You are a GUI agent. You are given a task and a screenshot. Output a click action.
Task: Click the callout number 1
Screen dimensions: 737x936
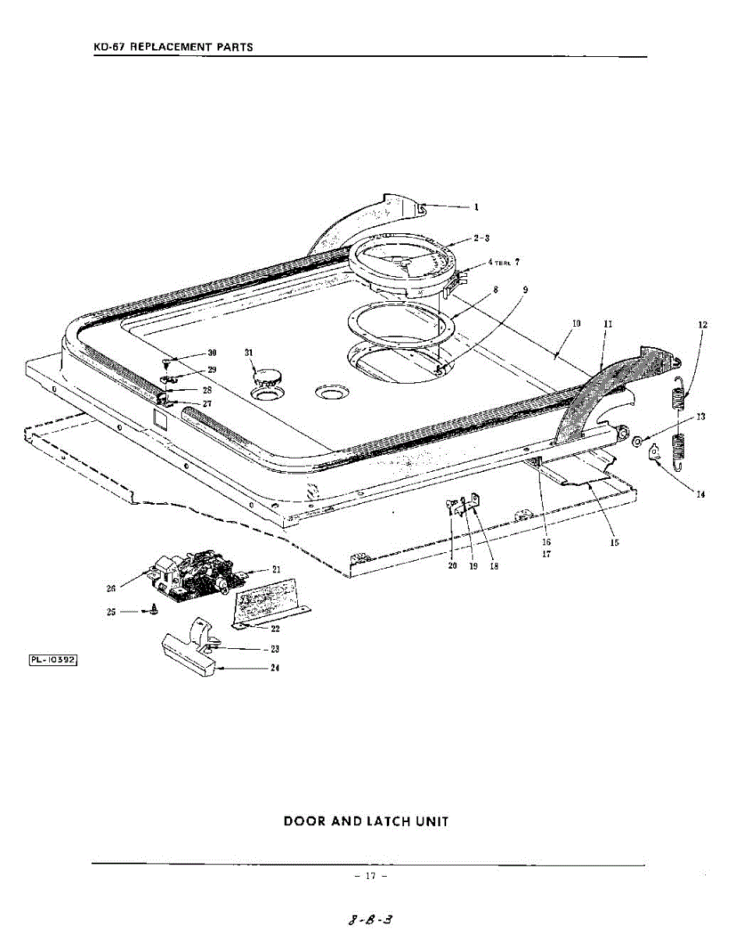pyautogui.click(x=476, y=207)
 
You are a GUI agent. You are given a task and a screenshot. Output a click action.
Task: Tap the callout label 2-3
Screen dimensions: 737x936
pyautogui.click(x=481, y=238)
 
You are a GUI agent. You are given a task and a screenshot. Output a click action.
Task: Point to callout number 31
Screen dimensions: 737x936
pyautogui.click(x=250, y=353)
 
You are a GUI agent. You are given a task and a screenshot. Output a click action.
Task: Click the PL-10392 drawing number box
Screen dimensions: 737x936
pyautogui.click(x=55, y=660)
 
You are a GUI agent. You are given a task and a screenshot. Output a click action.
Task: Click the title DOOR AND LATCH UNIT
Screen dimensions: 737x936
pyautogui.click(x=366, y=821)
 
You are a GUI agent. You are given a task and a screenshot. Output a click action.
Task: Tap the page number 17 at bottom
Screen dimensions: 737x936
pyautogui.click(x=370, y=876)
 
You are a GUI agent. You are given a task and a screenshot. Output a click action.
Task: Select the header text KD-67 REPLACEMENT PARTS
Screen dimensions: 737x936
pyautogui.click(x=173, y=48)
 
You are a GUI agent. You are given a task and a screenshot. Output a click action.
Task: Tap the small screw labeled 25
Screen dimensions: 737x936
pyautogui.click(x=153, y=612)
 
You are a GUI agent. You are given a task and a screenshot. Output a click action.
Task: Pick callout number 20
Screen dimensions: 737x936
pyautogui.click(x=452, y=566)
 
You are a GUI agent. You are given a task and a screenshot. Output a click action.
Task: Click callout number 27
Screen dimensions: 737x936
pyautogui.click(x=207, y=404)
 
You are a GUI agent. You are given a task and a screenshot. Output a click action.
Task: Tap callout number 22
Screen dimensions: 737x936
pyautogui.click(x=275, y=628)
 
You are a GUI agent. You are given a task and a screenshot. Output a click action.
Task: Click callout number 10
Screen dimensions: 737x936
pyautogui.click(x=576, y=322)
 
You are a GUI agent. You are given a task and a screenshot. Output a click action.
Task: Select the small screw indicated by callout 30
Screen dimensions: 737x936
pyautogui.click(x=166, y=363)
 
